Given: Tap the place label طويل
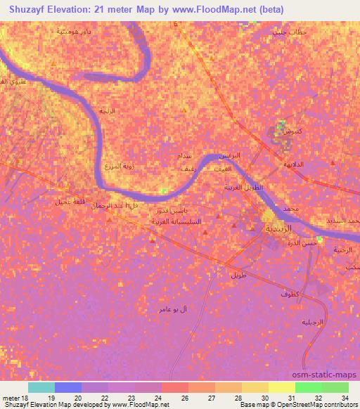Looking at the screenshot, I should click(238, 275).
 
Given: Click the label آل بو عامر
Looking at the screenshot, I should click(173, 309).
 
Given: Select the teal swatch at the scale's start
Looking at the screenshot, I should click(41, 387).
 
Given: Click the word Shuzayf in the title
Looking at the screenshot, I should click(28, 9).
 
